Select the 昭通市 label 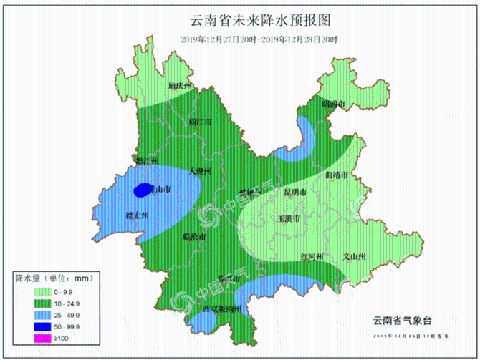[333, 104]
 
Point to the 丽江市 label [201, 122]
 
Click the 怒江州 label [147, 161]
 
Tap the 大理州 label [200, 172]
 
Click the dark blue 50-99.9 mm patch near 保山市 [143, 190]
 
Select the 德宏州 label [136, 215]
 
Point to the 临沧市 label [194, 236]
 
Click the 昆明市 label [295, 193]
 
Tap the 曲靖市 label [336, 175]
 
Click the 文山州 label [355, 256]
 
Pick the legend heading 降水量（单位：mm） [54, 278]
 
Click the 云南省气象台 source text [403, 320]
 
